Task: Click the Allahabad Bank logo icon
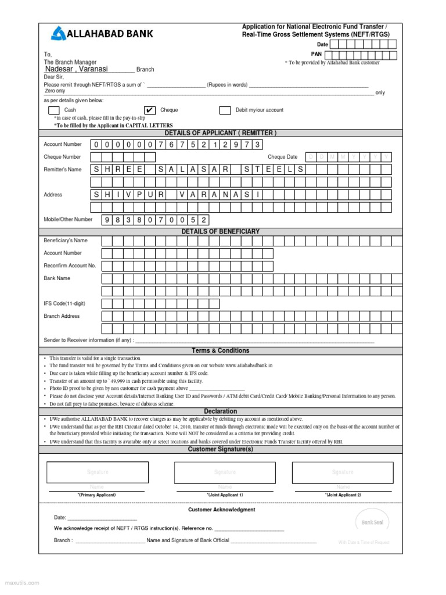[59, 34]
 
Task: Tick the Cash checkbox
[53, 110]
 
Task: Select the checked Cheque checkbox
[150, 110]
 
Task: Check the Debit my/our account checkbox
[225, 110]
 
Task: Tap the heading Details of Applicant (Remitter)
[221, 133]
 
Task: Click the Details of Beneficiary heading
[221, 231]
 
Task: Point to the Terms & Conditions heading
[221, 350]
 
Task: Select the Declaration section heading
[221, 411]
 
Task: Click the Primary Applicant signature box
[97, 472]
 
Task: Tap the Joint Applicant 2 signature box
[342, 472]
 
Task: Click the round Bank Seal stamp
[372, 522]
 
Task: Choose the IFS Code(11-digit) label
[63, 303]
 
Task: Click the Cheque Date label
[282, 157]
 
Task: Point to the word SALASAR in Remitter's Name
[190, 169]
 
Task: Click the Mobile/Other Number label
[68, 220]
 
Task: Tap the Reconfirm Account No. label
[70, 266]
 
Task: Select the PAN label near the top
[316, 54]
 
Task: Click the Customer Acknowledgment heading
[221, 510]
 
